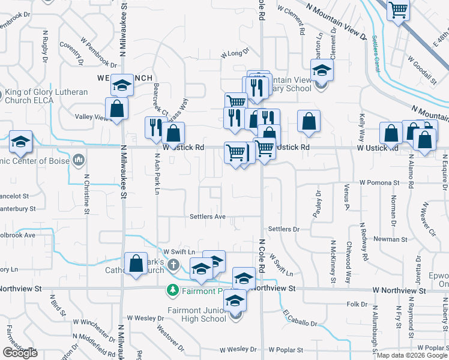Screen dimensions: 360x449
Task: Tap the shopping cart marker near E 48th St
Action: click(x=398, y=11)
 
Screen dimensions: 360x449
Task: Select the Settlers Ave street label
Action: click(x=207, y=217)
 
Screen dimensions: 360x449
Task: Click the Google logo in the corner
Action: click(x=19, y=353)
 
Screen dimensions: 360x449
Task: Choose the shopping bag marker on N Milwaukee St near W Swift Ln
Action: click(x=136, y=263)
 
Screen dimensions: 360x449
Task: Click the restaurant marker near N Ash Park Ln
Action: click(x=155, y=127)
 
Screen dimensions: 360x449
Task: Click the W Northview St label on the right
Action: click(x=399, y=290)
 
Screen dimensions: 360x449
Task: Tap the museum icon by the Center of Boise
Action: click(x=79, y=160)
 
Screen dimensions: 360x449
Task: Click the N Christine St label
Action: click(x=86, y=194)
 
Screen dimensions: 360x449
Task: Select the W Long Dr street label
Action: click(x=235, y=54)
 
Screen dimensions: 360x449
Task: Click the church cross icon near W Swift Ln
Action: click(x=173, y=264)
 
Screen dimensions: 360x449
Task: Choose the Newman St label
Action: click(x=391, y=239)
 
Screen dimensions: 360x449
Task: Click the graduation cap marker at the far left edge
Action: click(x=20, y=142)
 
